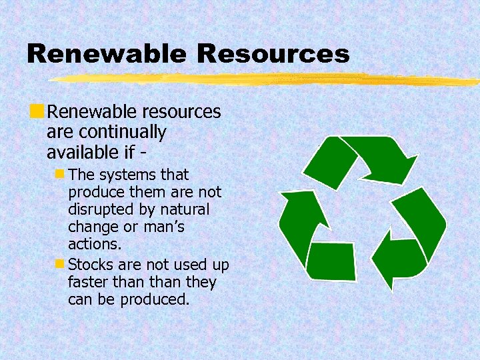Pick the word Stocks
(90, 264)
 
